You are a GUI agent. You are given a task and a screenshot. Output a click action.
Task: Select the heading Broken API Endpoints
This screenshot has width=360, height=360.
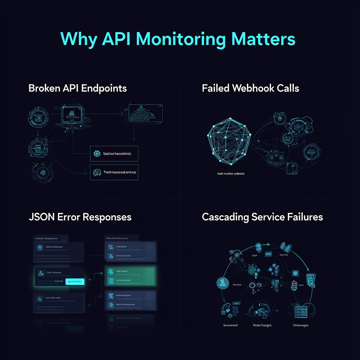[x=78, y=88]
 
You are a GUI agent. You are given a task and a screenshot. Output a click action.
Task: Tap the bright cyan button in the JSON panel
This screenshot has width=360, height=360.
[x=75, y=281]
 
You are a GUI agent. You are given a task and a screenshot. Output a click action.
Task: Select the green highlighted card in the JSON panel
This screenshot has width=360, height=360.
[x=130, y=276]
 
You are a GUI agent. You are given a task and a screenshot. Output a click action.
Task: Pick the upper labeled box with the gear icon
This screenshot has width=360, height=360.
[x=114, y=154]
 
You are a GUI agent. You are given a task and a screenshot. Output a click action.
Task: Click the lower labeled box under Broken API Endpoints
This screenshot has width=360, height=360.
[x=114, y=172]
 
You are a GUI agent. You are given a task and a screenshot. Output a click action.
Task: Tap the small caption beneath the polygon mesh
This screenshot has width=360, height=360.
[x=231, y=174]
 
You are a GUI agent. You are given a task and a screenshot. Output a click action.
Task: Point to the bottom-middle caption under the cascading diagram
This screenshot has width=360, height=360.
[x=262, y=325]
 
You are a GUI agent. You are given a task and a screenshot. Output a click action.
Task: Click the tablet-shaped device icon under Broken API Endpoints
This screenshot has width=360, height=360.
[x=72, y=114]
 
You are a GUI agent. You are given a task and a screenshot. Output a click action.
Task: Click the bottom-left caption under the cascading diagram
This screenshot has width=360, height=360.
[x=230, y=325]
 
